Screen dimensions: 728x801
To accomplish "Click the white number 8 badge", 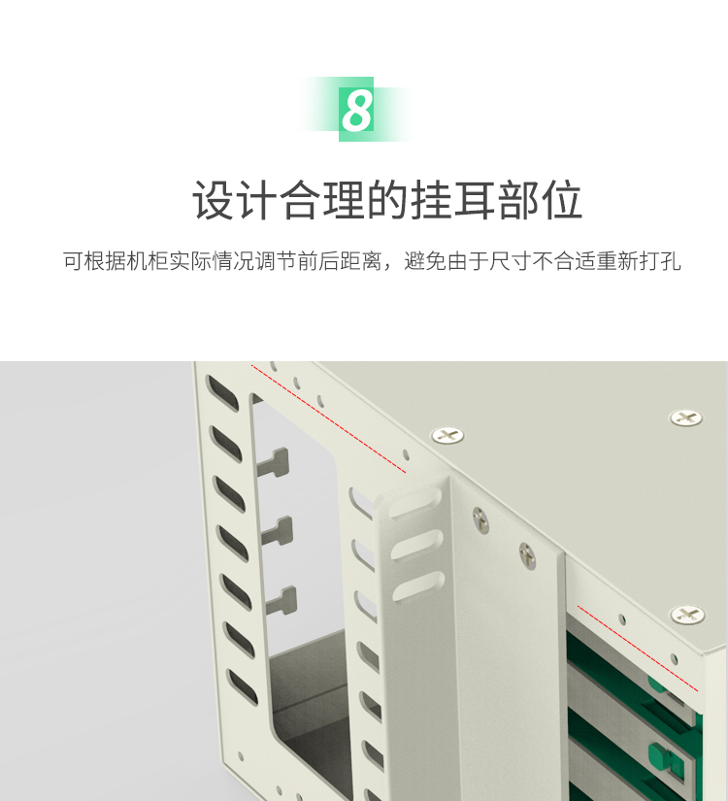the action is point(356,110).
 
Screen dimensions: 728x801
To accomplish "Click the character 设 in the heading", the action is point(213,200).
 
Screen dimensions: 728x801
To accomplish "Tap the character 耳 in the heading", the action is point(475,200).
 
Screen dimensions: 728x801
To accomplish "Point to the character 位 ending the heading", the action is point(561,200).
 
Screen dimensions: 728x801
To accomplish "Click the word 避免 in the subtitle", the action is point(425,261).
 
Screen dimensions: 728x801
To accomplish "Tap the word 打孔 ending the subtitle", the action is point(660,261).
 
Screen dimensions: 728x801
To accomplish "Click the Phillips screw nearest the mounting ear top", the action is point(447,435).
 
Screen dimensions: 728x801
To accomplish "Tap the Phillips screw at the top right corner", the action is point(685,417).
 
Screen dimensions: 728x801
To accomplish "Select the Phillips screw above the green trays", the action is point(687,614).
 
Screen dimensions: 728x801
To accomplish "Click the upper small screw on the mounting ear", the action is point(480,519).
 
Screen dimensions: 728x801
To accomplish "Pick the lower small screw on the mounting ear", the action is point(527,555).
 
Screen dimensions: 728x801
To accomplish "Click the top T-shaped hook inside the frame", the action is point(275,463).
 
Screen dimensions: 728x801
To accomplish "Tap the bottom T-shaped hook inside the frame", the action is point(282,601).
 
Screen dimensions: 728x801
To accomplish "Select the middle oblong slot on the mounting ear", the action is point(416,545).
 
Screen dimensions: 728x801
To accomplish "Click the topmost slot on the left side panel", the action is point(221,394).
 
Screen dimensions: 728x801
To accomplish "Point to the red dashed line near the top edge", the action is point(328,418).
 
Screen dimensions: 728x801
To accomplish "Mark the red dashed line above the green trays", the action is point(638,649).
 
